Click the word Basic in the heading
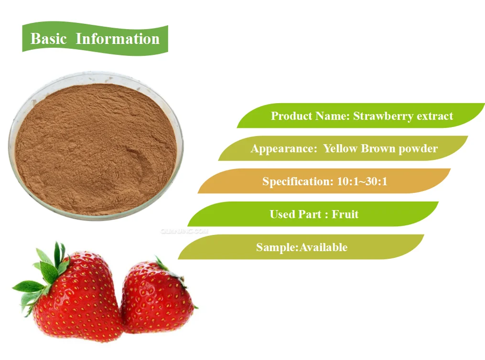pos(48,39)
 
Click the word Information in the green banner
pos(118,39)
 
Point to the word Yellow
pos(340,148)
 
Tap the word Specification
pos(294,181)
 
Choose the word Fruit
pos(345,214)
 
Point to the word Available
pos(323,247)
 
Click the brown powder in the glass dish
pos(96,148)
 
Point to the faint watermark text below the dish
pos(184,230)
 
